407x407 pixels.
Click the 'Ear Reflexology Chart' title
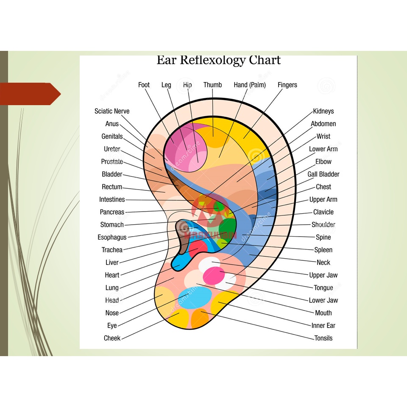218,60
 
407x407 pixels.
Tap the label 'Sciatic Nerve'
112,111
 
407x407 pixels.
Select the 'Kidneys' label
323,111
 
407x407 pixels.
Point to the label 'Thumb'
212,85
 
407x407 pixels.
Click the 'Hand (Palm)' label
250,85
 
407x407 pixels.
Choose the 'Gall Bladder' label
323,174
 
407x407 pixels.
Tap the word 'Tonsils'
323,338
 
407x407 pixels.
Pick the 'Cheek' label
112,338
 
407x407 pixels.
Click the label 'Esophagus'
112,237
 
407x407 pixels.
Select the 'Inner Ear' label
323,326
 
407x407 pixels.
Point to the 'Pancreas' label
112,212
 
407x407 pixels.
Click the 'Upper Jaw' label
323,275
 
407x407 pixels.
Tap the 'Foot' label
144,85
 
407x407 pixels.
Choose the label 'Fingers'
287,85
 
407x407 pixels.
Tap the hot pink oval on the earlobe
214,276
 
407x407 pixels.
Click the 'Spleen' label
323,250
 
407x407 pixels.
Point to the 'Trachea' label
112,250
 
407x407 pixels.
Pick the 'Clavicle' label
323,212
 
